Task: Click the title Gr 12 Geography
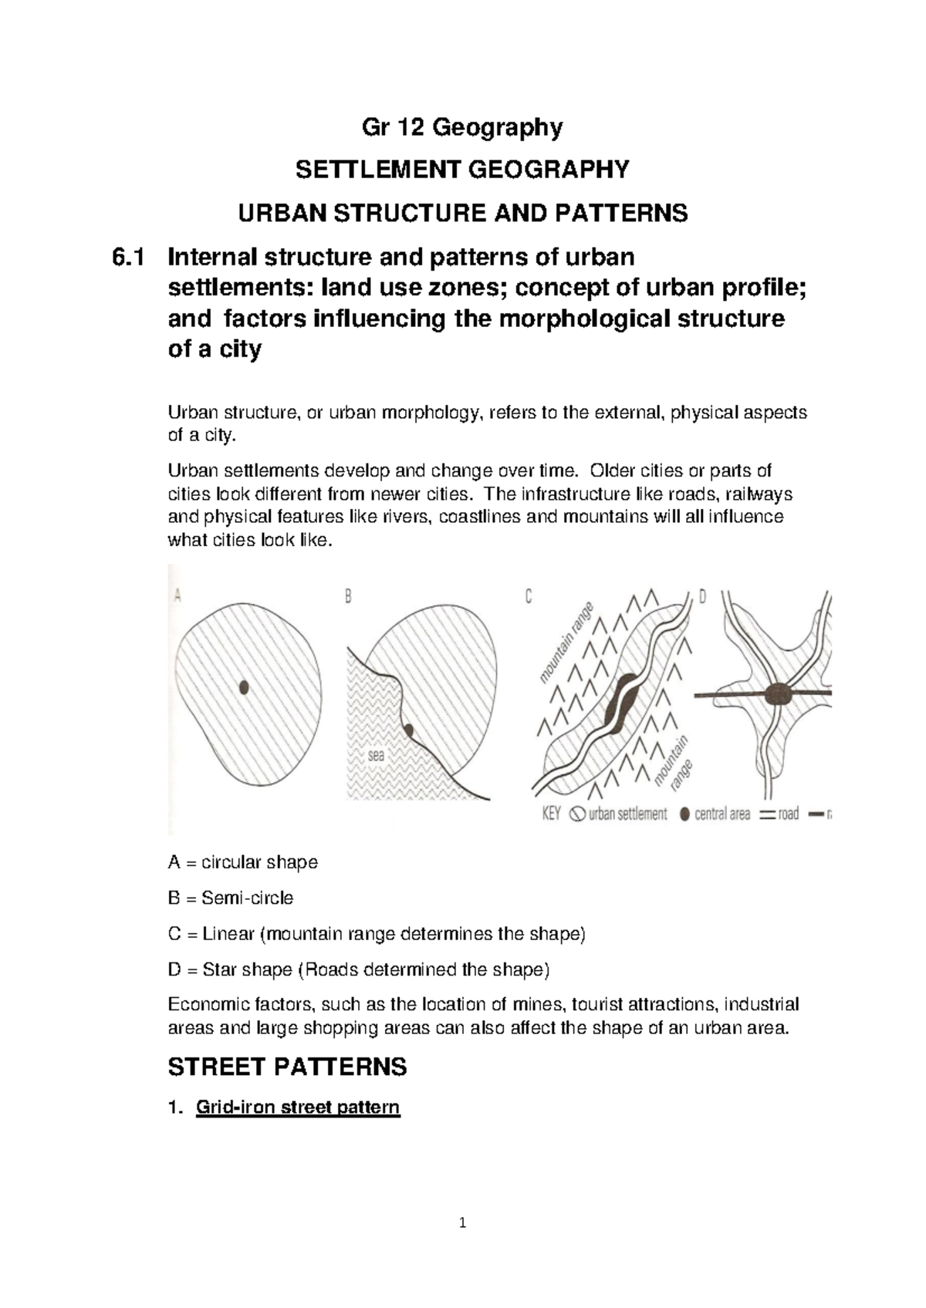coord(462,127)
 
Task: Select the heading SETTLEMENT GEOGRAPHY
coord(462,170)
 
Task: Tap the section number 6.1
coord(128,257)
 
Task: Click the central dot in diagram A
coord(244,687)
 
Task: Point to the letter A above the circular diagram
coord(177,595)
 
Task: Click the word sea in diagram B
coord(376,756)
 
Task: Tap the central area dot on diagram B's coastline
coord(408,730)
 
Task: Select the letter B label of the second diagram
coord(348,596)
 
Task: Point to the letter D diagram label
coord(702,596)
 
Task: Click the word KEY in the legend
coord(551,814)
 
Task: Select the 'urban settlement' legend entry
coord(619,814)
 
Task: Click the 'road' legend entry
coord(779,814)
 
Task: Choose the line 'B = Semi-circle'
coord(231,898)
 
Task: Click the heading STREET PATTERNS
coord(287,1067)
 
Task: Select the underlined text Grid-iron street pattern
coord(298,1108)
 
